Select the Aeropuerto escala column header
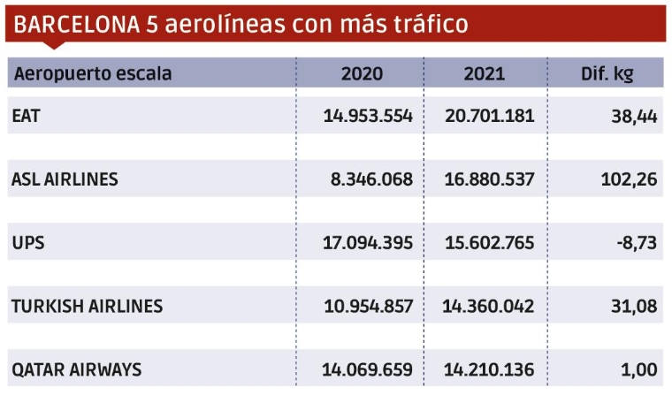(92, 73)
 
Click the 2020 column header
(362, 73)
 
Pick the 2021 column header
(485, 73)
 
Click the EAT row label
(27, 117)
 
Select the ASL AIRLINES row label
(65, 180)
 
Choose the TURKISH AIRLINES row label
(87, 307)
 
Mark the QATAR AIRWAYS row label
(76, 369)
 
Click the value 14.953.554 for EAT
(369, 117)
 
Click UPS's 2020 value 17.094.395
(369, 243)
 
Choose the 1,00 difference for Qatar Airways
(637, 369)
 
